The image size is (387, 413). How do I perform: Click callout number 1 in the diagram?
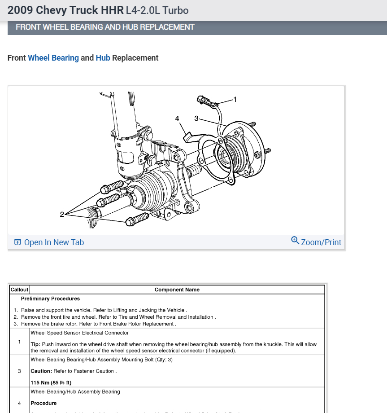235,99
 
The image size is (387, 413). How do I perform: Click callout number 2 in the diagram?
62,214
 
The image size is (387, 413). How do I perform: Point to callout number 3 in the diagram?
196,119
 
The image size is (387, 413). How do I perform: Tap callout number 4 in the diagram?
177,119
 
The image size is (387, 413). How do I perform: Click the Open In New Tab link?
53,242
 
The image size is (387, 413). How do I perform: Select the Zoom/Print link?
321,242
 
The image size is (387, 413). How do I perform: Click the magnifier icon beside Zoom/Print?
295,240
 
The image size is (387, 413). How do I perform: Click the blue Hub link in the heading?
103,58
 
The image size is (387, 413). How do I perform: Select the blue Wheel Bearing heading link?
53,58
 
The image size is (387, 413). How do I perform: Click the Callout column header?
19,290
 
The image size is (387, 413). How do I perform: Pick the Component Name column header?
177,290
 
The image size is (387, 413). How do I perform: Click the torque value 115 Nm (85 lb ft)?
51,382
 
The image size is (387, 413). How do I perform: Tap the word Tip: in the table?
36,344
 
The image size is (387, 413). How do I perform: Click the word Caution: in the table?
41,371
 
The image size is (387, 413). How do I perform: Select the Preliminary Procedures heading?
50,299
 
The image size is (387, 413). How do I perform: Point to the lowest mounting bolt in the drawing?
137,220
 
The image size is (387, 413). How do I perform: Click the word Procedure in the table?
43,403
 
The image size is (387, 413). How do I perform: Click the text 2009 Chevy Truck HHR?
65,10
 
